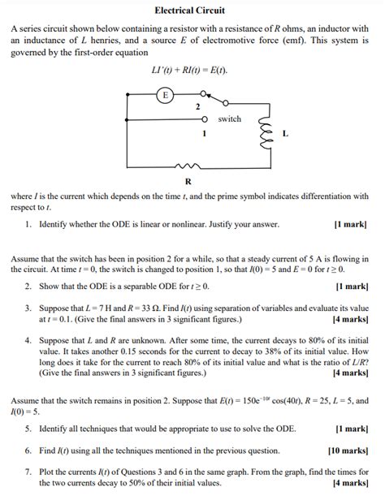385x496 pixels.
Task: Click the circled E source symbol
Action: click(x=166, y=95)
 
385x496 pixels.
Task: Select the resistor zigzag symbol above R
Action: click(x=189, y=162)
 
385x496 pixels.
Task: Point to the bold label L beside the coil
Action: click(x=284, y=132)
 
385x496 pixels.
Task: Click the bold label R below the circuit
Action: click(x=188, y=180)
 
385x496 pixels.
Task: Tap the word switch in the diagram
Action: click(x=230, y=119)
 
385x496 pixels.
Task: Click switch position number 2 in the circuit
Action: click(x=197, y=106)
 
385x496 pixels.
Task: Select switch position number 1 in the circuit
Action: click(x=203, y=132)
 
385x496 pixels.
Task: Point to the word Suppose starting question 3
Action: click(x=54, y=308)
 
